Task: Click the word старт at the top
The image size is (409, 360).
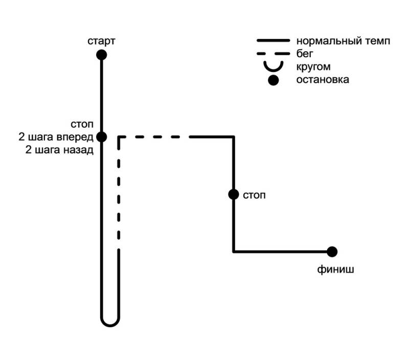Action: coord(101,41)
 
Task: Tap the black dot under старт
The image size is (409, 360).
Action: coord(101,55)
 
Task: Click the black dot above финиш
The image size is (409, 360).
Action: coord(332,252)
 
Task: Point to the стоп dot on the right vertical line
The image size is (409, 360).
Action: coord(234,194)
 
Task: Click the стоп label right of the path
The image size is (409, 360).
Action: coord(255,195)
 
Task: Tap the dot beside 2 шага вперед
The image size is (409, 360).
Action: coord(101,137)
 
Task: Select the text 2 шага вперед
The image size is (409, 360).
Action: coord(56,137)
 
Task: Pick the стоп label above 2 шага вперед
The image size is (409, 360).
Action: coord(82,125)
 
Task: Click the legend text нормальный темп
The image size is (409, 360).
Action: coord(343,41)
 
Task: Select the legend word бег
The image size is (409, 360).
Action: coord(305,54)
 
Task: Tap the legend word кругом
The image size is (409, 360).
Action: coord(313,66)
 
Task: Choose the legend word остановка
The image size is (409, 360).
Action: coord(323,80)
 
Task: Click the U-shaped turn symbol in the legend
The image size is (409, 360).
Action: coord(273,67)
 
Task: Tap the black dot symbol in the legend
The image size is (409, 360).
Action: coord(274,80)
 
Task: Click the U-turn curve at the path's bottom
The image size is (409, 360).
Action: coord(110,322)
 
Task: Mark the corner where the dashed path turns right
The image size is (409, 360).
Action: coord(119,137)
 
